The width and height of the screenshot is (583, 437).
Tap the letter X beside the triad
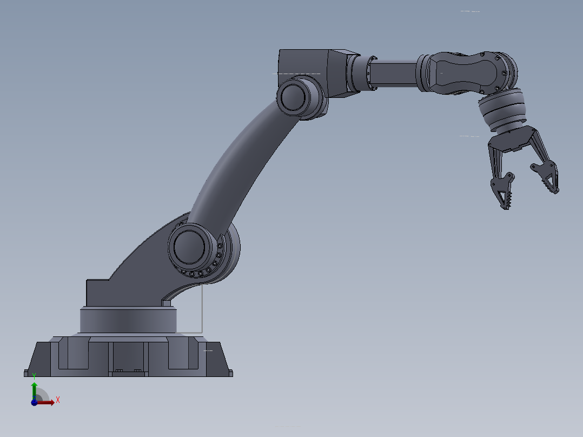(x=58, y=400)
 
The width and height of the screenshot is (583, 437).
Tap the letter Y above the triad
(x=34, y=375)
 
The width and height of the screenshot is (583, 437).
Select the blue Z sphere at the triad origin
(x=34, y=402)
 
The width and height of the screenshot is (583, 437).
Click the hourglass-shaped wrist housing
(x=465, y=73)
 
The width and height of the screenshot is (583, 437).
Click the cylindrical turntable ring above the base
(x=128, y=320)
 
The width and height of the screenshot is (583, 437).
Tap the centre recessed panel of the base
(x=128, y=357)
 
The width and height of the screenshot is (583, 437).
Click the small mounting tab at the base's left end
(x=26, y=373)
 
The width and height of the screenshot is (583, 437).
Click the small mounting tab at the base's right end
(x=231, y=373)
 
